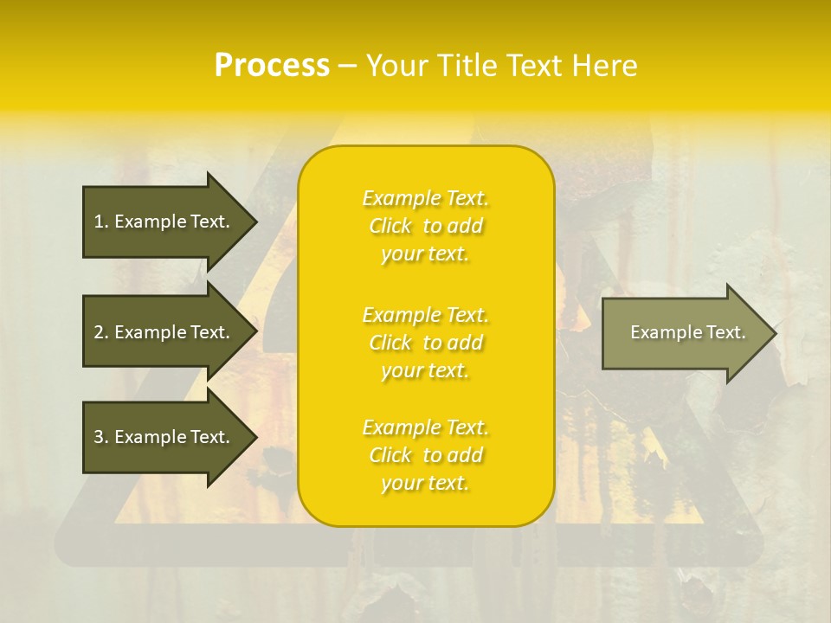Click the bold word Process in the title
point(272,66)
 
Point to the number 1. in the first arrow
point(101,222)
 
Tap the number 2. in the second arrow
point(101,332)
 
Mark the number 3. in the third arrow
point(101,437)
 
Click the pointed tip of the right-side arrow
point(772,333)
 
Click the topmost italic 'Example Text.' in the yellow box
point(425,198)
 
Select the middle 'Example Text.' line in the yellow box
point(425,314)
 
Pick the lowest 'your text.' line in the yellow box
point(425,484)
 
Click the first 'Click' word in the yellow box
point(390,226)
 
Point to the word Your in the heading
point(397,66)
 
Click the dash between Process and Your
point(347,67)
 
